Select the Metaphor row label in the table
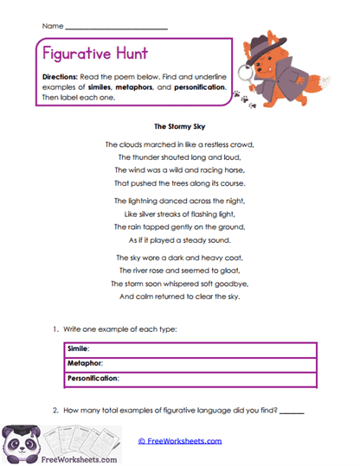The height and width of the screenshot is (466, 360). coord(85,363)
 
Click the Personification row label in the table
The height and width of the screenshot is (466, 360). coord(93,378)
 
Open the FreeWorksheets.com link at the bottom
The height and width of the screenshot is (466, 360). coord(181,441)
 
